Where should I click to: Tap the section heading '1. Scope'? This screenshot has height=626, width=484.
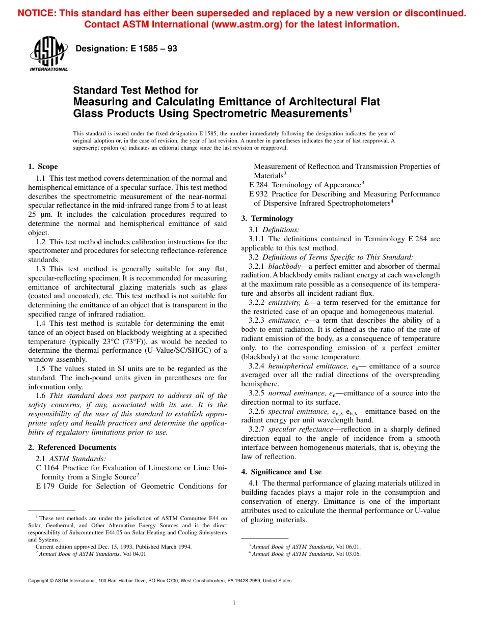(x=43, y=166)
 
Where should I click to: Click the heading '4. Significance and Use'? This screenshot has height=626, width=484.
(x=281, y=472)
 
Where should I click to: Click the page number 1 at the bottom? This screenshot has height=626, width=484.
(x=234, y=603)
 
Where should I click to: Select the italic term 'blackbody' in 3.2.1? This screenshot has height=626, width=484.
(x=284, y=266)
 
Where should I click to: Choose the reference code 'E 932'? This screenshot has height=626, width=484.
(x=258, y=194)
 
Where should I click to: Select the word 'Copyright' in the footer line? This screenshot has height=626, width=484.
(x=40, y=581)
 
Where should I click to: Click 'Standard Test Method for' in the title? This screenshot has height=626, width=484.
(x=136, y=91)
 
